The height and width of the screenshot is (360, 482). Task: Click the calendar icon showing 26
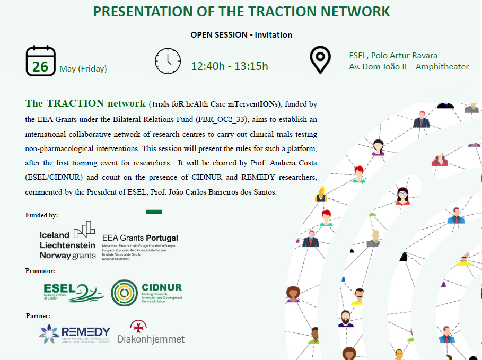pyautogui.click(x=40, y=61)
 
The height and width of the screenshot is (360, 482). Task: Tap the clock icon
pyautogui.click(x=168, y=61)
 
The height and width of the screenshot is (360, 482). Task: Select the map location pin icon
pyautogui.click(x=320, y=59)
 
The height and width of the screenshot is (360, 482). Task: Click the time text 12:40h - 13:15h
pyautogui.click(x=230, y=66)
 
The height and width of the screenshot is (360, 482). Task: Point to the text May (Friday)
pyautogui.click(x=83, y=68)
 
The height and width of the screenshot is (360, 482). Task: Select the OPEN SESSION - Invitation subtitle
pyautogui.click(x=241, y=35)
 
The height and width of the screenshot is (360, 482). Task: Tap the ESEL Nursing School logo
pyautogui.click(x=74, y=292)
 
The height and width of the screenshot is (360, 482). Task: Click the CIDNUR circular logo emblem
pyautogui.click(x=125, y=293)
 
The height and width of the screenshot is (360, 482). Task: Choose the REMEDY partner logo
pyautogui.click(x=74, y=334)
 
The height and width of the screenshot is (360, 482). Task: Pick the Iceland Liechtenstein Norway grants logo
pyautogui.click(x=67, y=242)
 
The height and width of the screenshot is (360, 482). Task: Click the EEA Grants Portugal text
pyautogui.click(x=140, y=238)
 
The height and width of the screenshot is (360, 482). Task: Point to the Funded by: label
pyautogui.click(x=42, y=215)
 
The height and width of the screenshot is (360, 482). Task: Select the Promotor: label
pyautogui.click(x=40, y=271)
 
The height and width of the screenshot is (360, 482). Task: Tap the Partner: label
pyautogui.click(x=38, y=316)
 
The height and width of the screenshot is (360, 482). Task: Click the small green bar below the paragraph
pyautogui.click(x=154, y=212)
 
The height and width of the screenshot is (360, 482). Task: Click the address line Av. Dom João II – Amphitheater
pyautogui.click(x=409, y=67)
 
